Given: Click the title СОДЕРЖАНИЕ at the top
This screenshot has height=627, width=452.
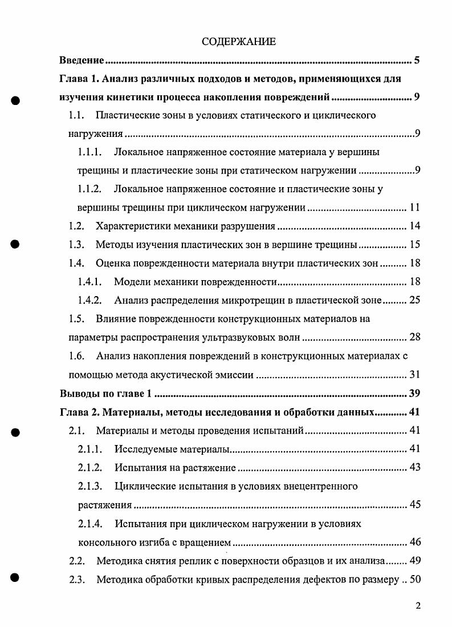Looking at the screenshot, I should point(239,41).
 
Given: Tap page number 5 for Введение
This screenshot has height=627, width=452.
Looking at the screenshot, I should point(417,60).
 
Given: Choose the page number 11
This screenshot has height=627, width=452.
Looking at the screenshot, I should point(414,207).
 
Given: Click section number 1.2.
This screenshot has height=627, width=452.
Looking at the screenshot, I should point(76,226).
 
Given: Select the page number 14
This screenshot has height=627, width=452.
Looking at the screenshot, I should point(414,226).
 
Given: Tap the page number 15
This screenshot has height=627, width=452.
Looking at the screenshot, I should point(414,245).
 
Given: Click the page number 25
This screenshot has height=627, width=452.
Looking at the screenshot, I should point(414,300).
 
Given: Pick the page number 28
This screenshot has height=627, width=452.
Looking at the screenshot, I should point(414,337).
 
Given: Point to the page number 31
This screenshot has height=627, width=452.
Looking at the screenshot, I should point(414,375).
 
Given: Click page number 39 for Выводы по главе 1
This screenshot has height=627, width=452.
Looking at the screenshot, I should point(414,394).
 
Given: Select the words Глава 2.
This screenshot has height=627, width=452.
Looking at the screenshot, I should point(79,412).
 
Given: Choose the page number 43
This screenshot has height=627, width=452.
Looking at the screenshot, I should point(414,468).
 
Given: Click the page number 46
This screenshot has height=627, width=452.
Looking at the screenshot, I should point(414,542).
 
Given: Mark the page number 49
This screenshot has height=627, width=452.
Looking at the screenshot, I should point(414,561).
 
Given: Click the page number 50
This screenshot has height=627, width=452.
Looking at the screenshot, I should point(414,580).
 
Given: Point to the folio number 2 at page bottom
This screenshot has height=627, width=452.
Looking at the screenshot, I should point(418,606).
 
